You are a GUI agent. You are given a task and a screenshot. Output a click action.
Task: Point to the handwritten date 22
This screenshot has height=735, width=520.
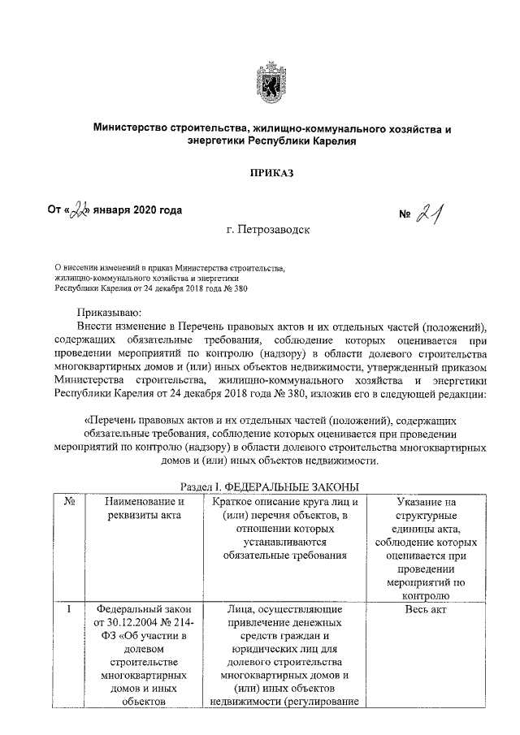click(x=82, y=211)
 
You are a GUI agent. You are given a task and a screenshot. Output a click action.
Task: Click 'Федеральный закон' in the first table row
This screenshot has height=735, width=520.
click(x=142, y=609)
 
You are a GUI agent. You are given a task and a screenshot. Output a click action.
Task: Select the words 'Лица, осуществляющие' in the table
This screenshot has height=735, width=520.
click(x=284, y=609)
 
